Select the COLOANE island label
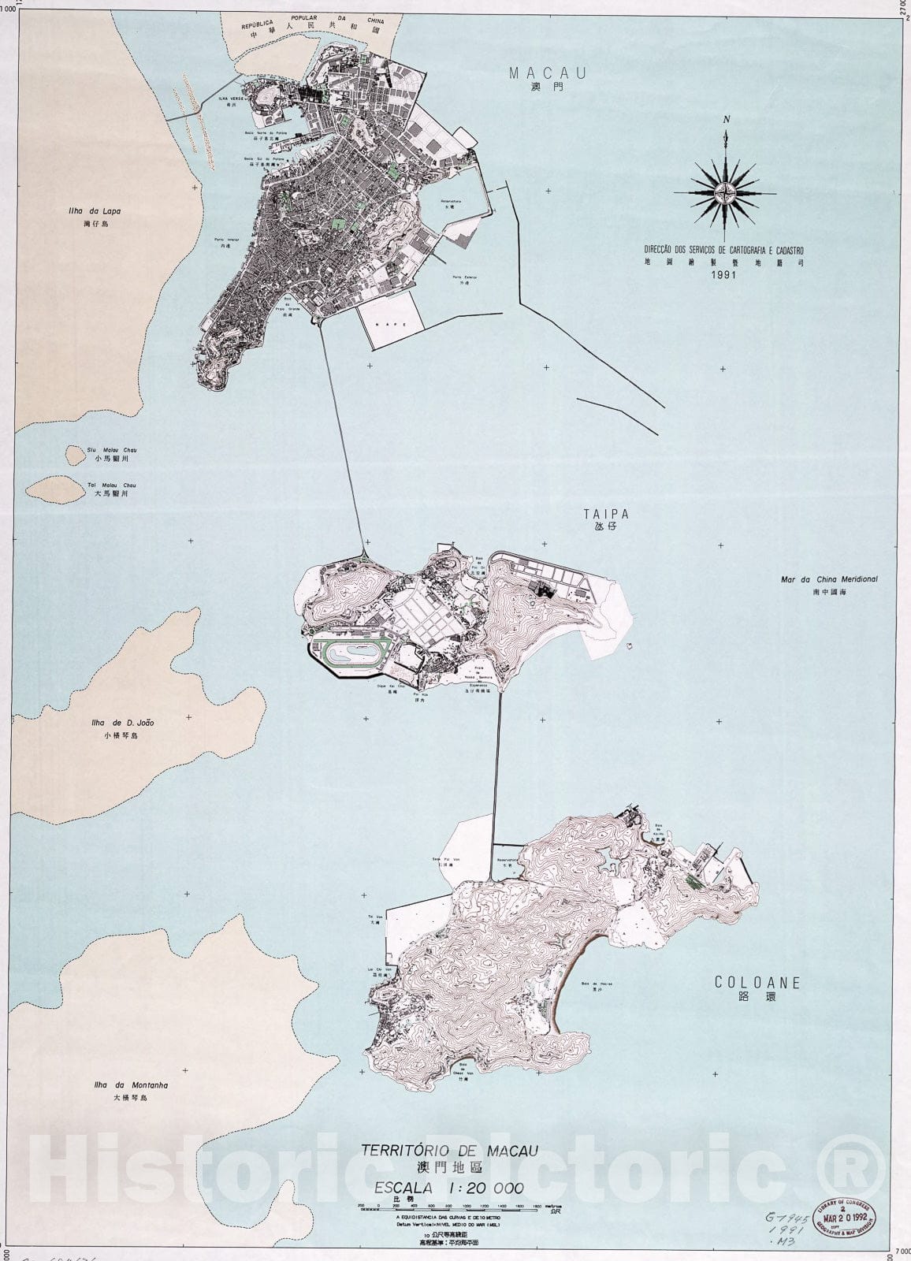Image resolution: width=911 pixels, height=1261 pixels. point(757,982)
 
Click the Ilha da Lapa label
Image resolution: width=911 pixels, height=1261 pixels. point(94,211)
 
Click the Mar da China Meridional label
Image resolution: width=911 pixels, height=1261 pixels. point(829,579)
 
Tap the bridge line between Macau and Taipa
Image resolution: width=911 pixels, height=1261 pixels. point(343,433)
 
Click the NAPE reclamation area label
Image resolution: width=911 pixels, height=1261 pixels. point(392,324)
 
